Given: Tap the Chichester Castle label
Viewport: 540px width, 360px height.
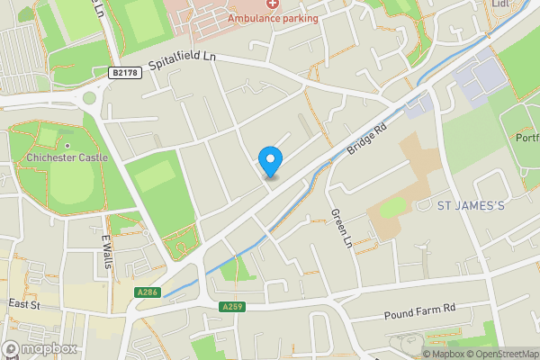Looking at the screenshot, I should point(67,157).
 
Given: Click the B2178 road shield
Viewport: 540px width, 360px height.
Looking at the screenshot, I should point(125,73).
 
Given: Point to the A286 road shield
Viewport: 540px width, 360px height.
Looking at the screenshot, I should point(148,292).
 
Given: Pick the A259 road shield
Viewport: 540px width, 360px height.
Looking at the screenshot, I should point(231,307).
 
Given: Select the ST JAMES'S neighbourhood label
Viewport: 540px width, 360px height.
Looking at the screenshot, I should point(471,206).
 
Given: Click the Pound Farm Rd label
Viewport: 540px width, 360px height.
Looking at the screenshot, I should point(420,309).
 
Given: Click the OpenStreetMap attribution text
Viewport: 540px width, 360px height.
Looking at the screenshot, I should point(500,354).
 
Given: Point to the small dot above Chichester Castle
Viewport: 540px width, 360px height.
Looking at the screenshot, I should point(67,146).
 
